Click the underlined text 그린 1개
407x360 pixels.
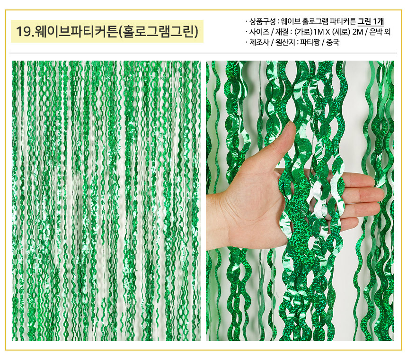(x=371, y=21)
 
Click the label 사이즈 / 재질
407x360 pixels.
(x=269, y=32)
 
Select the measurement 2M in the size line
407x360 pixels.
(x=358, y=32)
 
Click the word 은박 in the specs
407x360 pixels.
(x=376, y=32)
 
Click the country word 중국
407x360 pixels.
(x=333, y=42)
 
